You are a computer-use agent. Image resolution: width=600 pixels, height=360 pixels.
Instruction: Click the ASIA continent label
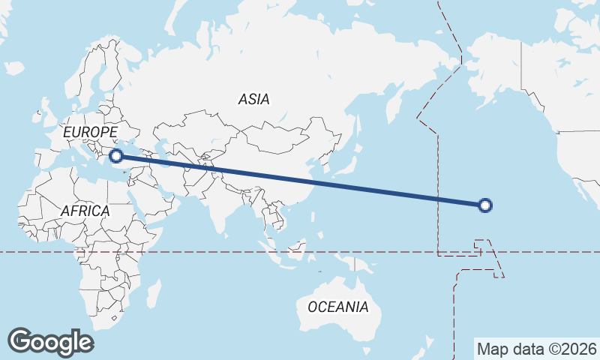pyautogui.click(x=253, y=98)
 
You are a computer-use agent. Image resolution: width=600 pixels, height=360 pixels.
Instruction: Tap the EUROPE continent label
pyautogui.click(x=90, y=133)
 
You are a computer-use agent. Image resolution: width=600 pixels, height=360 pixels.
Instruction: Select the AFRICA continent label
pyautogui.click(x=85, y=211)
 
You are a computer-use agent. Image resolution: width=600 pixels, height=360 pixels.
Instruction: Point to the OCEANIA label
pyautogui.click(x=338, y=307)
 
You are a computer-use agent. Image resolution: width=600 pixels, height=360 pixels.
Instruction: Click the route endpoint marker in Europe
pyautogui.click(x=115, y=156)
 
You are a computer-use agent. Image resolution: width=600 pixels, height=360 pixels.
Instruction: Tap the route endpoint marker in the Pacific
pyautogui.click(x=485, y=205)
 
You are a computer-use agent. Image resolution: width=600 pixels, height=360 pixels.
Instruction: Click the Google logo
pyautogui.click(x=50, y=341)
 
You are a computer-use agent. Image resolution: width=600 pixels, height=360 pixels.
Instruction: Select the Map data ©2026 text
pyautogui.click(x=537, y=349)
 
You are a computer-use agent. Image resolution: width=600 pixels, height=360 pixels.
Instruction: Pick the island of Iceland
pyautogui.click(x=13, y=68)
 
